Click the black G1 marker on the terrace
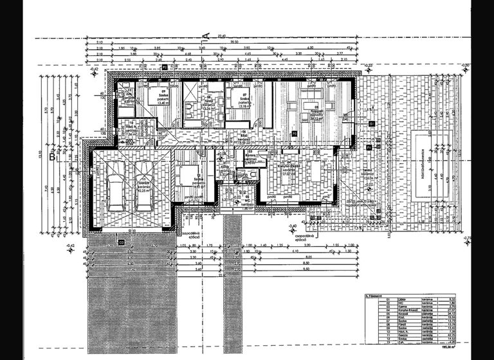tap(368, 147)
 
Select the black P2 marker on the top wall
tap(165, 66)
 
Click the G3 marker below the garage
tap(121, 242)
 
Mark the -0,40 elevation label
tap(293, 226)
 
